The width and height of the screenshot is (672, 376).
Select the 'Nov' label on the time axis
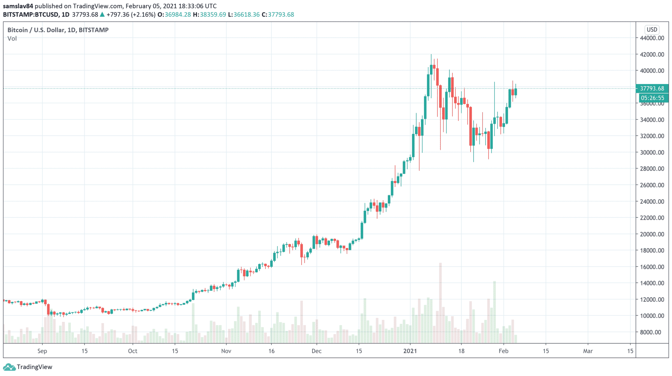coord(226,351)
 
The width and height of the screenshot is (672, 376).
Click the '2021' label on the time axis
coord(410,351)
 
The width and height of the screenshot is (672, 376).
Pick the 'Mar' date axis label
coord(588,351)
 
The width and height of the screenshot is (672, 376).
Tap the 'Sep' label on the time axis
coord(42,351)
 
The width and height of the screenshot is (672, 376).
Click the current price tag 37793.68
coord(652,89)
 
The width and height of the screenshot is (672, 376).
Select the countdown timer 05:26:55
coord(652,98)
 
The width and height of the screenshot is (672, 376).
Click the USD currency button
coord(652,30)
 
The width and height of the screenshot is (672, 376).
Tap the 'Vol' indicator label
coord(12,39)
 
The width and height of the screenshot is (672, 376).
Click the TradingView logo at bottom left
coord(28,367)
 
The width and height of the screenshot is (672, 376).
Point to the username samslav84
coord(18,6)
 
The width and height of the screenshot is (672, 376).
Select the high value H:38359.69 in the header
coord(209,14)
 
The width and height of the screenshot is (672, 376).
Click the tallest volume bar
coord(440,302)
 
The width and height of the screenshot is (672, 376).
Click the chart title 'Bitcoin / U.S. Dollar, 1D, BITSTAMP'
coord(58,30)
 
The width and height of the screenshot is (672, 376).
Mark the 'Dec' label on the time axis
coord(316,351)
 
